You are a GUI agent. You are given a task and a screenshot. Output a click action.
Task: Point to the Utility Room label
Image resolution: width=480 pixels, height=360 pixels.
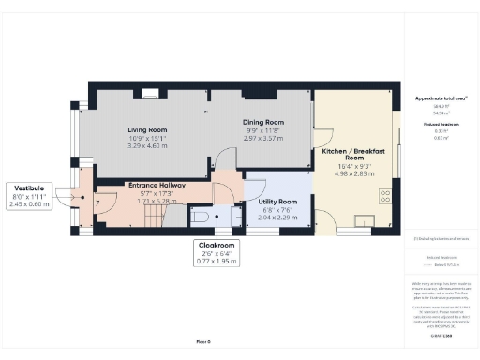[x=277, y=202]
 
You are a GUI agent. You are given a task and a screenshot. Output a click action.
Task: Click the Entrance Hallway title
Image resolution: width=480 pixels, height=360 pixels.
[x=156, y=186]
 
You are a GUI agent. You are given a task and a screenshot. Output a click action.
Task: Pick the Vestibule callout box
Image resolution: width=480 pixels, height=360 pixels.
[x=29, y=195]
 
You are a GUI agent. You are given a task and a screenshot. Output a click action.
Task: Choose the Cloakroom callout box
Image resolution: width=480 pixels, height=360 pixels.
[x=217, y=252]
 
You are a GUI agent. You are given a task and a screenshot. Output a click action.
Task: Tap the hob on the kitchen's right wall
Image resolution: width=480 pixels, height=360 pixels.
[x=385, y=194]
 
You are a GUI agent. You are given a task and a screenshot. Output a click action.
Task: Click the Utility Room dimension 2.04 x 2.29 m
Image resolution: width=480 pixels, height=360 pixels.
[x=277, y=217]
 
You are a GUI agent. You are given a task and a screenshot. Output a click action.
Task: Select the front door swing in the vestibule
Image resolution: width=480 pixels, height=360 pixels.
[x=67, y=198]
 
